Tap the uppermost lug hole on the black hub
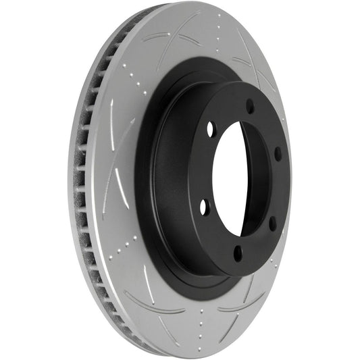(x=250, y=106)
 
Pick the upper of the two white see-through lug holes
(x=209, y=128)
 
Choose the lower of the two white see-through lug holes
(x=204, y=208)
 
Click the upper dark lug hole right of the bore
(x=278, y=153)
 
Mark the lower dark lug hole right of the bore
(x=272, y=223)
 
